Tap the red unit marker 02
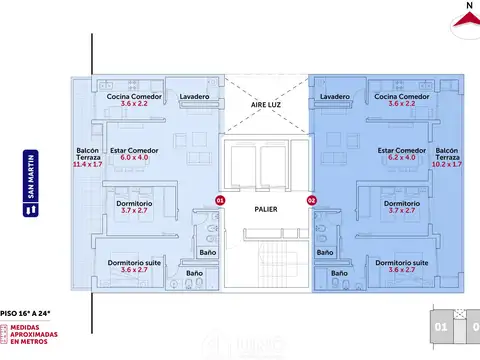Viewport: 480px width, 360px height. [311, 201]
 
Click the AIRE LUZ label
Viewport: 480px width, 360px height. [265, 103]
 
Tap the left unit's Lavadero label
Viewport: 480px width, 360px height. [194, 97]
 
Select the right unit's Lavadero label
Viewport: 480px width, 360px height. [335, 97]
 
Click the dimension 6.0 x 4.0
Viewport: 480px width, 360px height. [134, 158]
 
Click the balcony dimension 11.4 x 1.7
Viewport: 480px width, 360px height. [87, 165]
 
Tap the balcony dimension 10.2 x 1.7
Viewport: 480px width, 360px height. [448, 165]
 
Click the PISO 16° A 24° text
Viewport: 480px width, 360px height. [28, 312]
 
